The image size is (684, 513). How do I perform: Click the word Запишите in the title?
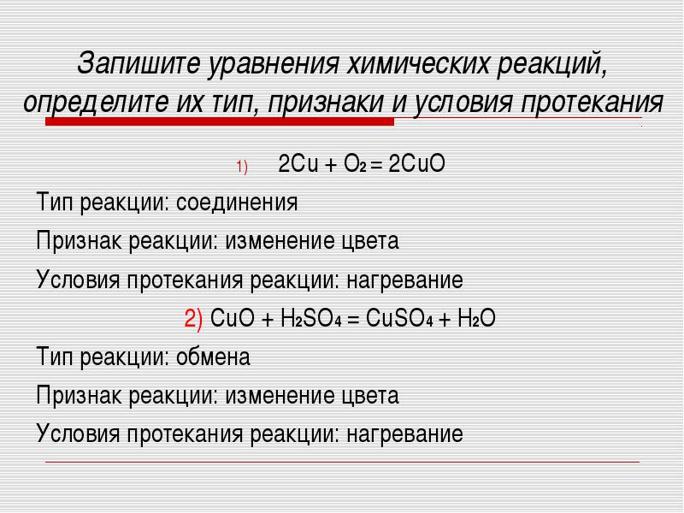[139, 63]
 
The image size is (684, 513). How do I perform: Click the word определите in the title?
[96, 103]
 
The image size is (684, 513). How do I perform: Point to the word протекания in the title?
[592, 103]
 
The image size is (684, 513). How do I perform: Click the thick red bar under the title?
[220, 121]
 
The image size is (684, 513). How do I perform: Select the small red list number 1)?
[242, 167]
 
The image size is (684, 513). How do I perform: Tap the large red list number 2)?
[193, 318]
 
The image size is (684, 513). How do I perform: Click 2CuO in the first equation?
[416, 164]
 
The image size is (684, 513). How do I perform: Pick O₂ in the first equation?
[355, 164]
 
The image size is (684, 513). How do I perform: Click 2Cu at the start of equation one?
[298, 164]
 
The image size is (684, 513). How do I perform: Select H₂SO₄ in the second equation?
[310, 318]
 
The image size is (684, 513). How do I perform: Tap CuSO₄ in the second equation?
[399, 318]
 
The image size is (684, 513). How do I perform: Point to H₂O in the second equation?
[476, 318]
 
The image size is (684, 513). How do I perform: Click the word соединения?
[237, 203]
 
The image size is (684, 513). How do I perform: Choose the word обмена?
[213, 357]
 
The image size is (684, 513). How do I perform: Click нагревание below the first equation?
[404, 280]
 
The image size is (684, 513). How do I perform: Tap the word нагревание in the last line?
[404, 434]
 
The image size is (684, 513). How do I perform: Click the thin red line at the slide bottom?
[343, 462]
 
